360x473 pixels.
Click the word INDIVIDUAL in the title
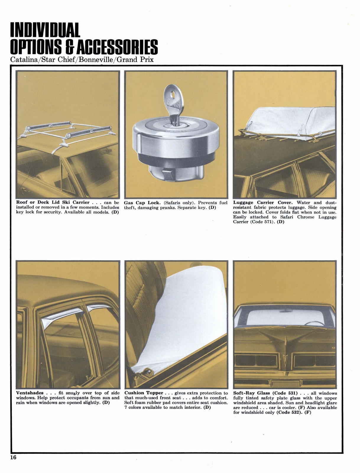(45, 30)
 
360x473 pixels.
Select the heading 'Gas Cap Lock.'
(142, 203)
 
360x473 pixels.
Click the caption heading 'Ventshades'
(30, 393)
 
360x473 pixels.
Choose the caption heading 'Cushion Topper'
(144, 393)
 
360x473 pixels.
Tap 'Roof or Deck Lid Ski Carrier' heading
(53, 203)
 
